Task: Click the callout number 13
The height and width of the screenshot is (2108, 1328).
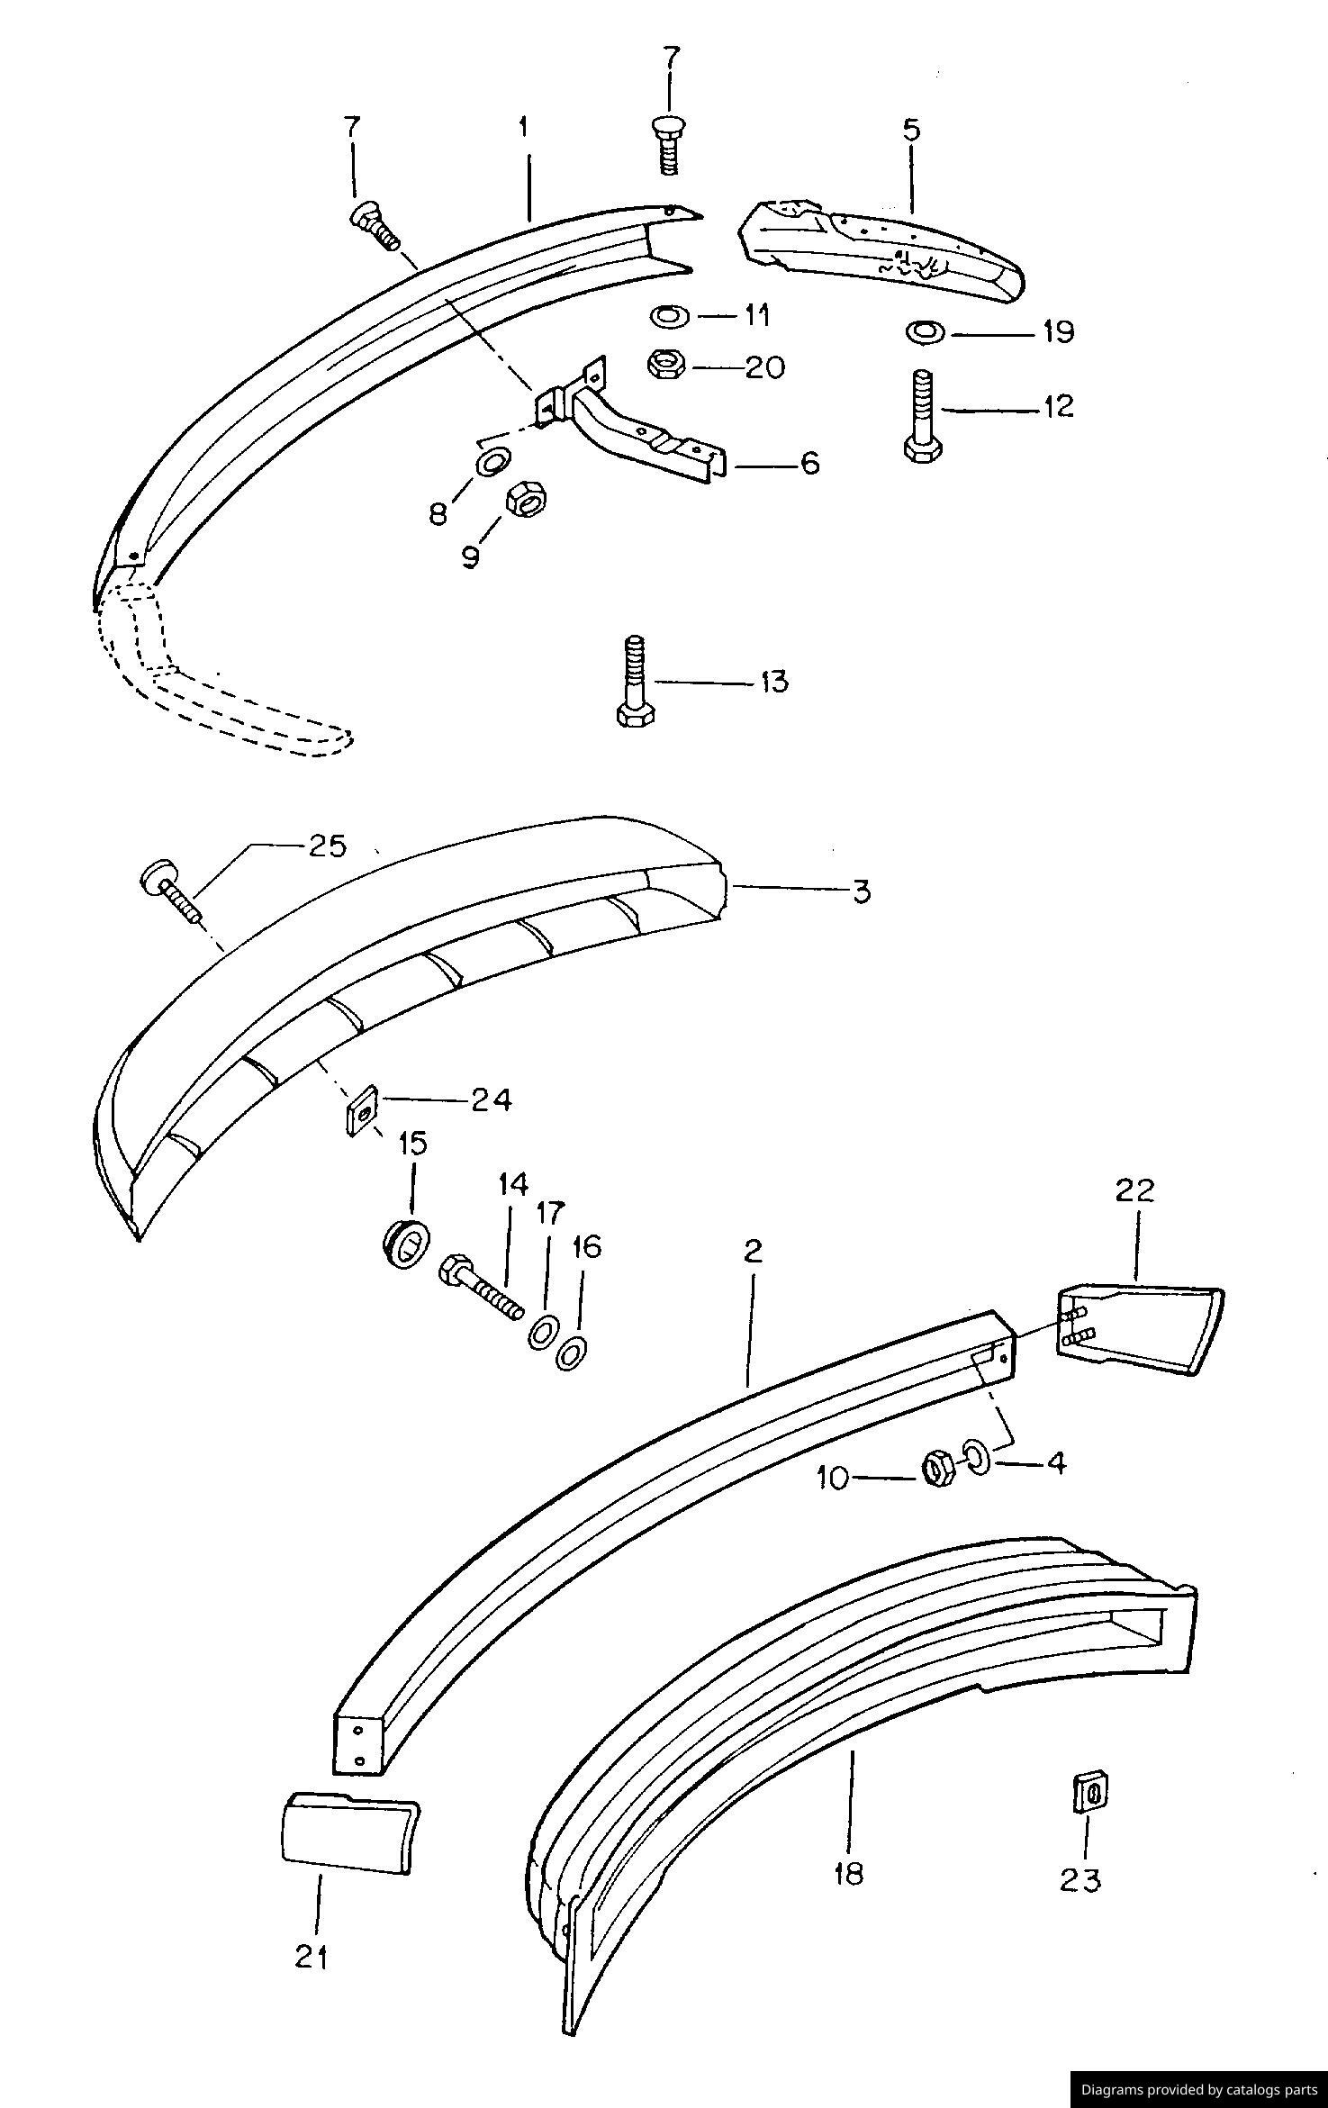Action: [x=773, y=682]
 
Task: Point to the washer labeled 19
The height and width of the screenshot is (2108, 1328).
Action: [x=925, y=332]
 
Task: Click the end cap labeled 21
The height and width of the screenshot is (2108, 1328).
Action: [x=347, y=1837]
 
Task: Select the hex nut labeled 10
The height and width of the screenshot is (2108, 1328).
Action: [x=938, y=1469]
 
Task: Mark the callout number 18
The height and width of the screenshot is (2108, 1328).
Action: [x=848, y=1874]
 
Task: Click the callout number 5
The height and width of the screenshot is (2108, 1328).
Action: [x=911, y=130]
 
